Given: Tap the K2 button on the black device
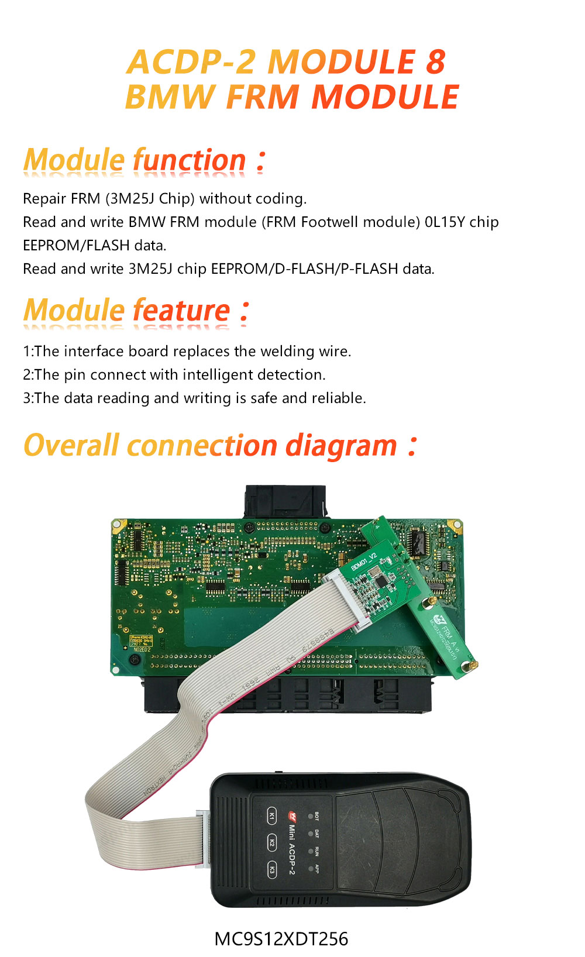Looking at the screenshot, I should tap(271, 843).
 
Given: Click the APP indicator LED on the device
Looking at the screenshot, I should tap(310, 868).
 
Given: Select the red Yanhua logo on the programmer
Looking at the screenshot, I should tap(291, 815).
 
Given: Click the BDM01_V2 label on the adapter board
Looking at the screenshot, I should tap(364, 562).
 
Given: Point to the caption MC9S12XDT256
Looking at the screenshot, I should tap(281, 939).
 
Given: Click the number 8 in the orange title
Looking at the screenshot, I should tap(435, 62).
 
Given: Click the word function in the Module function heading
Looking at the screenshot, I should tap(190, 160).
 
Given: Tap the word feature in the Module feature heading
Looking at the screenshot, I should tap(182, 311).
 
